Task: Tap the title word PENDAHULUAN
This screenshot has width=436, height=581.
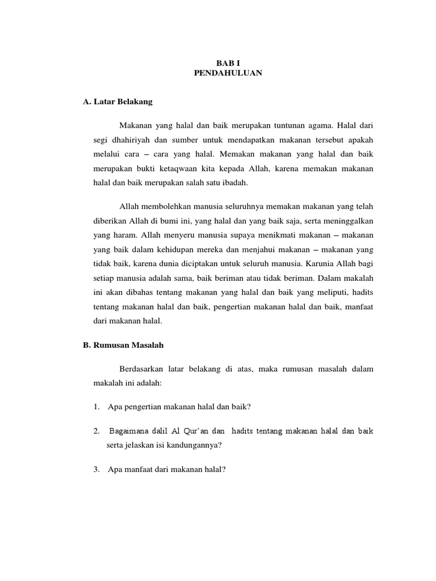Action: [x=228, y=73]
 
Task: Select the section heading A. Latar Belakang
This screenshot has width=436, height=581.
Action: [x=118, y=102]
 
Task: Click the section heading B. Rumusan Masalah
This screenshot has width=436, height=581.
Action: [x=124, y=344]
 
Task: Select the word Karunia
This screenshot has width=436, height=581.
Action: [x=320, y=264]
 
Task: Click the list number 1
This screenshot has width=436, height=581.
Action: [x=97, y=407]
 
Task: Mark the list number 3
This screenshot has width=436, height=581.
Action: [x=97, y=469]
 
